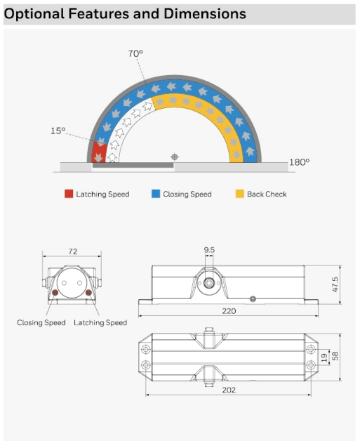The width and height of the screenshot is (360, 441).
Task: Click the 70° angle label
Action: point(135,53)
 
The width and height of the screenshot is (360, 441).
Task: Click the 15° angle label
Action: point(58,131)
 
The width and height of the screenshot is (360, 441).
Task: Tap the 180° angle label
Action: point(299,162)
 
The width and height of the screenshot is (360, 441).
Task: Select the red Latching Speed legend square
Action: point(69,194)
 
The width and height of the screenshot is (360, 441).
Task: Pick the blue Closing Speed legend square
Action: point(156,194)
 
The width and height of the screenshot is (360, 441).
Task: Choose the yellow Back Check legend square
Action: point(240,194)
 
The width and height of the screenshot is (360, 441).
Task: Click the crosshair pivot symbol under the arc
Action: point(175,157)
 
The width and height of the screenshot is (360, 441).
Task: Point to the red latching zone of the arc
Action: point(99,152)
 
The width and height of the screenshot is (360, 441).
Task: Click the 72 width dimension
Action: point(73,251)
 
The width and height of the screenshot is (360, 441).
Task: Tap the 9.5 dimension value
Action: point(209,250)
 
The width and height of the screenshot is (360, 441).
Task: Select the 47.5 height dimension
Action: point(335,284)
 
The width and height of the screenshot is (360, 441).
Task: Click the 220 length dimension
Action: point(229,311)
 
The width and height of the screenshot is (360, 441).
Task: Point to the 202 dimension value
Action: point(229,390)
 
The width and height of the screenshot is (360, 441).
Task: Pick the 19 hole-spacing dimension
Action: point(324,357)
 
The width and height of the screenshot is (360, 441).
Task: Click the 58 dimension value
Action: point(335,356)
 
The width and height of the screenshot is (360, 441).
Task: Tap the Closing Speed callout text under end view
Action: point(41,322)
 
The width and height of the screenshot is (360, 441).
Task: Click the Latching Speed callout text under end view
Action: point(100,322)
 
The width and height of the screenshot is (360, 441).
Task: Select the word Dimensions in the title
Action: point(205,13)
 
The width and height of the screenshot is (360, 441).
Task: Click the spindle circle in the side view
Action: point(209,283)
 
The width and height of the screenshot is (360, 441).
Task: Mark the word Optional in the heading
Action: point(34,14)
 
